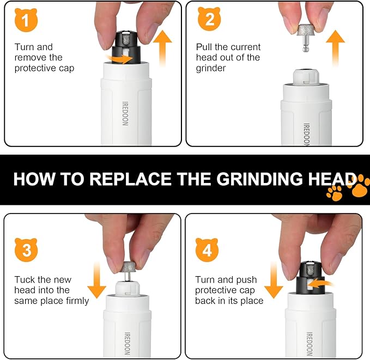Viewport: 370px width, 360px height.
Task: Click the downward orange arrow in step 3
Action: click(x=96, y=280)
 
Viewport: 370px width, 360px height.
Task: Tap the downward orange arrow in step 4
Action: click(x=274, y=280)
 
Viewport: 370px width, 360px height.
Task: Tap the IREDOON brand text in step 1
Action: click(x=125, y=112)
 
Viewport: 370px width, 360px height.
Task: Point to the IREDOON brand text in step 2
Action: click(x=306, y=133)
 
